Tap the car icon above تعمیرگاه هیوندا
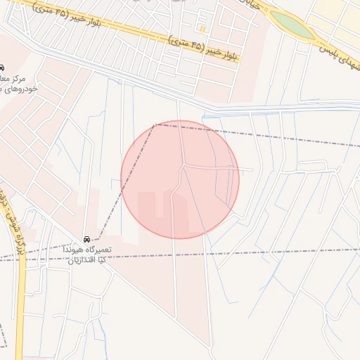[87, 240]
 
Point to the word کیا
[103, 259]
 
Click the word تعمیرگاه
[99, 250]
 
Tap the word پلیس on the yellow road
[331, 50]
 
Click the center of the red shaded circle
[180, 179]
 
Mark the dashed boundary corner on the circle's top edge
[156, 124]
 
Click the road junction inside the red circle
[184, 167]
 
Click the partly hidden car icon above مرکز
[2, 67]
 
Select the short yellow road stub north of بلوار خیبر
[202, 29]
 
